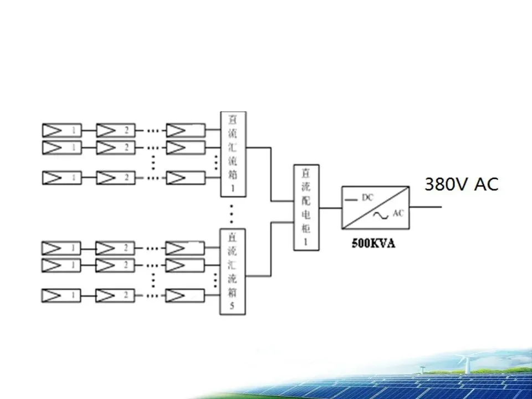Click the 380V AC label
point(461,183)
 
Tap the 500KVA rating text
point(374,243)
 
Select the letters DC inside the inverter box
point(368,197)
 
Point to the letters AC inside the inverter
point(398,213)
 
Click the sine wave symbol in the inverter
point(382,215)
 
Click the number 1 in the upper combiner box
point(233,188)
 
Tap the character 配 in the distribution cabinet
point(306,200)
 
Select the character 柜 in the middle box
point(306,227)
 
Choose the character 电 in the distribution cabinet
point(306,214)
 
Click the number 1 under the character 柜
point(306,241)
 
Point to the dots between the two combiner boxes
point(233,213)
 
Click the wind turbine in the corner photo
point(464,362)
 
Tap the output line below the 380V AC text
point(426,208)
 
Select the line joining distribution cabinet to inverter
point(331,208)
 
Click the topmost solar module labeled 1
point(62,131)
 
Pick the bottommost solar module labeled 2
point(115,295)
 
